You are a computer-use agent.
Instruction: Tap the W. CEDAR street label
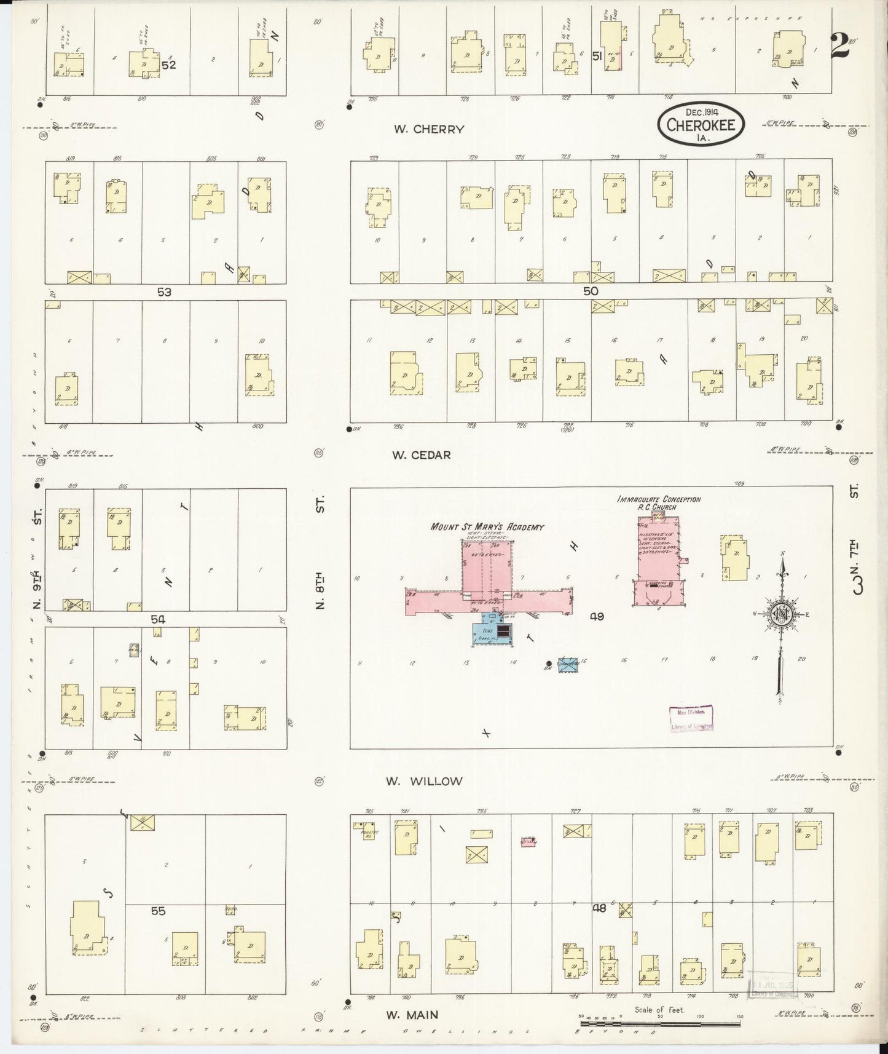pos(422,455)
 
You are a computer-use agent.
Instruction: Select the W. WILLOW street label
pos(423,781)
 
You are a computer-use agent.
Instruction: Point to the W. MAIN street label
pos(412,1015)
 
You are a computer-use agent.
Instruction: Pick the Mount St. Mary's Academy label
pos(487,526)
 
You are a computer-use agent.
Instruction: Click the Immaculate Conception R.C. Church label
pos(659,503)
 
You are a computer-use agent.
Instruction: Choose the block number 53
pos(163,292)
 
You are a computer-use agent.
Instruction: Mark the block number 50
pos(591,291)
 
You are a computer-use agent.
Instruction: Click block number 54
pos(158,619)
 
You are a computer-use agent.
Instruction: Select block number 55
pos(158,911)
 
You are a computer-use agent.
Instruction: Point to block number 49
pos(597,616)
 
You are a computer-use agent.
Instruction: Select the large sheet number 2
pos(839,46)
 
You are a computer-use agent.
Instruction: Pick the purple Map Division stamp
pos(691,718)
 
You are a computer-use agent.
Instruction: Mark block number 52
pos(168,65)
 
